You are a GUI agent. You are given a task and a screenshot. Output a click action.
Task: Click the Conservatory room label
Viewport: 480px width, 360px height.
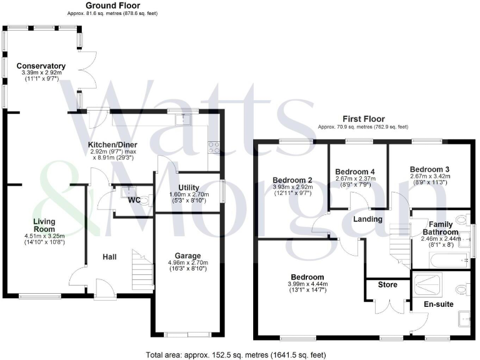click(41, 66)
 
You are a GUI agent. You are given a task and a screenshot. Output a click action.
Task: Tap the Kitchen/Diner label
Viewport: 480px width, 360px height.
click(113, 145)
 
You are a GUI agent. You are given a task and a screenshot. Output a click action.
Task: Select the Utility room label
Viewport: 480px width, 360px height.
click(188, 187)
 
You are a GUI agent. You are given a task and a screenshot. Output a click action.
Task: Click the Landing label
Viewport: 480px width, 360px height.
click(368, 219)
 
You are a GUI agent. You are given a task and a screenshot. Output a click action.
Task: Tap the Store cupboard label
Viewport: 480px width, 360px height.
click(388, 285)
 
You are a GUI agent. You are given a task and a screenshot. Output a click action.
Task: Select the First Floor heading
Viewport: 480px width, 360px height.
click(363, 119)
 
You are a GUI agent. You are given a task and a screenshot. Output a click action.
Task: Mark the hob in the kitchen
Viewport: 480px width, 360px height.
click(213, 147)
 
